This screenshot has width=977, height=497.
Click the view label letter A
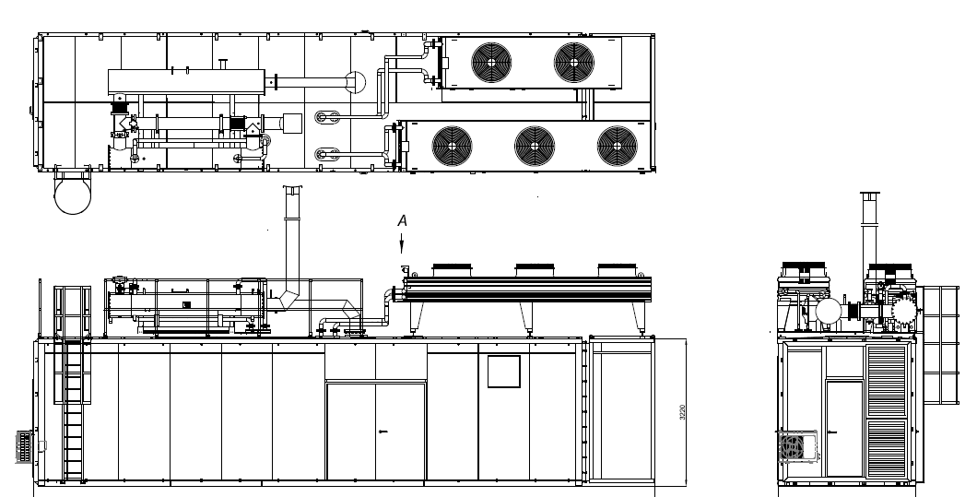(x=401, y=221)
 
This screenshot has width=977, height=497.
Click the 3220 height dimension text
(x=682, y=411)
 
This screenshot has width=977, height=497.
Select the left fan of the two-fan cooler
(x=491, y=62)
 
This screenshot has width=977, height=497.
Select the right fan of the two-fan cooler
(x=574, y=62)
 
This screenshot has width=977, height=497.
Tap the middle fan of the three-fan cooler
(x=535, y=145)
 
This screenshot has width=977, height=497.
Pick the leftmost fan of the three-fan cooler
(x=452, y=145)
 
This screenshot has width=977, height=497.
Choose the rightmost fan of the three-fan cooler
(x=617, y=145)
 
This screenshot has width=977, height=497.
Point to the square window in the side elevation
(x=504, y=372)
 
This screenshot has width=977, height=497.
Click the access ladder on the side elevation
(x=73, y=406)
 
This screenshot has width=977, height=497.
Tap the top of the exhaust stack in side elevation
(x=293, y=191)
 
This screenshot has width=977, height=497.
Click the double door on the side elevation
(x=375, y=432)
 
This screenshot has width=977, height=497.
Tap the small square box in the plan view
(x=292, y=122)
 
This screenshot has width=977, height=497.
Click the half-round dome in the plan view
(x=356, y=82)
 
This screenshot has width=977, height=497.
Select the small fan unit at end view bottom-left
(x=792, y=447)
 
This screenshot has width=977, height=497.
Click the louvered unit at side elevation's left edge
(x=27, y=446)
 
